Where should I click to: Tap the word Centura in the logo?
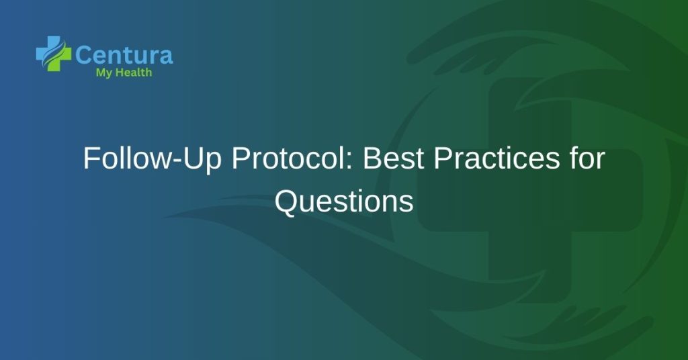click(x=124, y=54)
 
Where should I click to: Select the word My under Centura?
click(x=104, y=73)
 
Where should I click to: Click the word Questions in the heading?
click(x=344, y=201)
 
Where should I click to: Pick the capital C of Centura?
click(x=84, y=54)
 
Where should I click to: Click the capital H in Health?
click(x=119, y=73)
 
